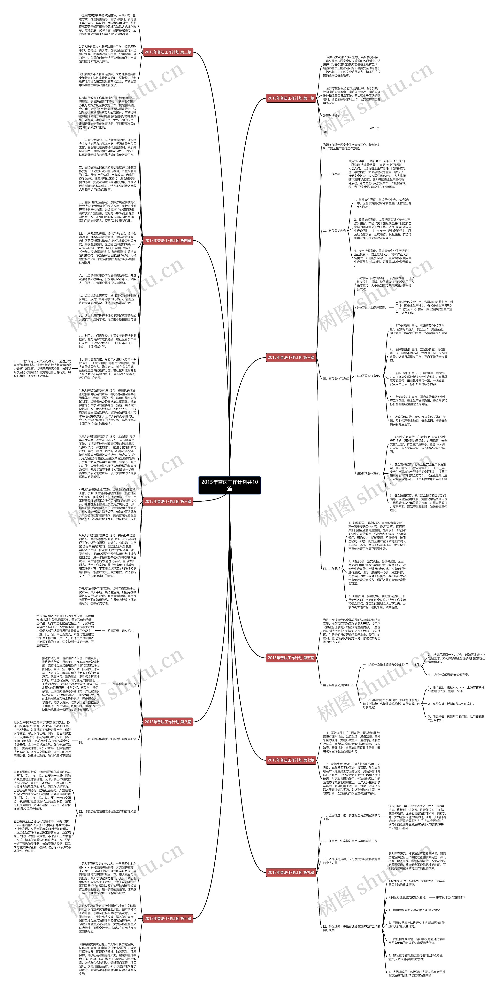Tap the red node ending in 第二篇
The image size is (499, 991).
pos(168,52)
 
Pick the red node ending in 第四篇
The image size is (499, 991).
pos(168,241)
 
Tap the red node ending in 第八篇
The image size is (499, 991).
pos(168,722)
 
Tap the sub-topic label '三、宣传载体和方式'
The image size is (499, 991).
pos(336,379)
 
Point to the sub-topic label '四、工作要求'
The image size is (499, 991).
pos(331,569)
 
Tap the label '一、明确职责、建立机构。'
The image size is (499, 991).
pos(118,631)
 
